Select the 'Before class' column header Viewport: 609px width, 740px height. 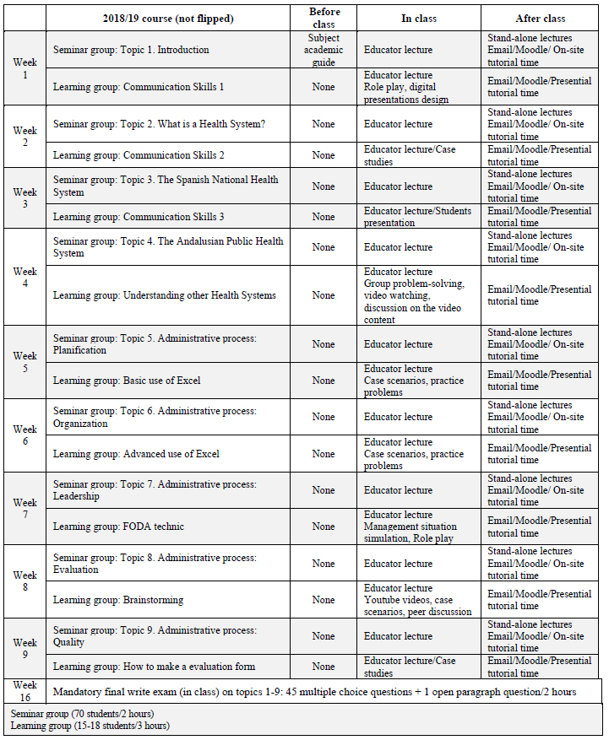point(324,18)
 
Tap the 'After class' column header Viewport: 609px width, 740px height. point(541,18)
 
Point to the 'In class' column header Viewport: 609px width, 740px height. point(419,18)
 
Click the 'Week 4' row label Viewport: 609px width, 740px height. point(25,277)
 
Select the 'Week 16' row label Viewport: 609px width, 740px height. point(25,690)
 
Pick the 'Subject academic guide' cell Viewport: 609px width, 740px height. point(324,50)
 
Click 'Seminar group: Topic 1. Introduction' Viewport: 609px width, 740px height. point(131,50)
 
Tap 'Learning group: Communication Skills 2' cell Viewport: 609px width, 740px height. point(139,155)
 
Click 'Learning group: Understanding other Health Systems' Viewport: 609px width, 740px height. point(164,295)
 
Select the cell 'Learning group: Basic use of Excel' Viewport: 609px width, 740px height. point(127,381)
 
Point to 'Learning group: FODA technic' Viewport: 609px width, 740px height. point(118,527)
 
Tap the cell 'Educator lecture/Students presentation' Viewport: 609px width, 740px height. point(417,217)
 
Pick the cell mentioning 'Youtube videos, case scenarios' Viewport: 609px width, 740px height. point(417,600)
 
